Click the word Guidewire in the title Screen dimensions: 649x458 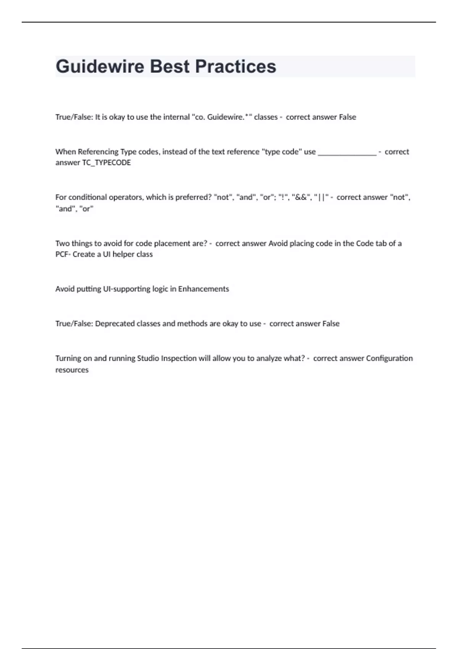(100, 66)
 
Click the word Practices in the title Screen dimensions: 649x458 (235, 66)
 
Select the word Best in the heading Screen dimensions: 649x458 (169, 66)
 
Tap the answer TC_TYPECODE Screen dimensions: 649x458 (106, 163)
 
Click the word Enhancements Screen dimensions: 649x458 (203, 289)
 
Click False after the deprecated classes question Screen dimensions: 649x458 (331, 324)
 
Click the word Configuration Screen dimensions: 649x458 (389, 358)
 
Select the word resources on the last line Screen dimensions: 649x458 (72, 370)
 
